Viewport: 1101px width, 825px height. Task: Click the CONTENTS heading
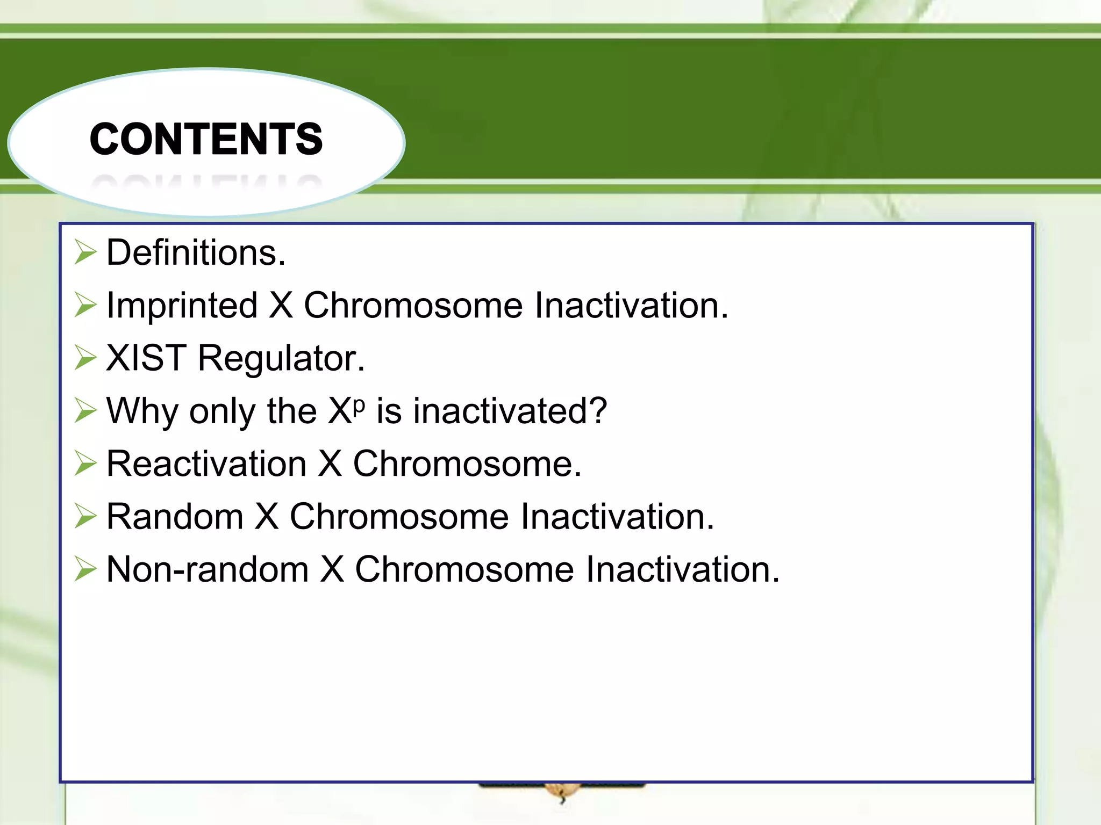click(206, 139)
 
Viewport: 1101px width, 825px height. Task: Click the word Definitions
click(196, 252)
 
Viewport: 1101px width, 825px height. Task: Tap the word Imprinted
click(182, 305)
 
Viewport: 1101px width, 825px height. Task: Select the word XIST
click(146, 358)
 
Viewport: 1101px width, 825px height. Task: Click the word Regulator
click(281, 359)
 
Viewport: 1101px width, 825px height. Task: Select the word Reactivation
click(206, 464)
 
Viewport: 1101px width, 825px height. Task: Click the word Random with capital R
click(175, 517)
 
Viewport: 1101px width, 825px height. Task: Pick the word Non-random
click(208, 569)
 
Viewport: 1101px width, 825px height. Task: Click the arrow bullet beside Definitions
click(85, 252)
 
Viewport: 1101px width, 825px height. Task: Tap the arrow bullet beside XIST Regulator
click(85, 358)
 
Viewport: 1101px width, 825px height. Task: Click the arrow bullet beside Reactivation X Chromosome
click(85, 464)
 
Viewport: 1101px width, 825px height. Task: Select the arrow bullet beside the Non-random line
click(85, 569)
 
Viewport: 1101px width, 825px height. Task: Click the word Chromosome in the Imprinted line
click(413, 305)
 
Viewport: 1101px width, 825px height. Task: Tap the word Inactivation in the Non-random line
click(682, 569)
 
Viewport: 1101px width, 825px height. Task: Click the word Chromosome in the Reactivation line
click(467, 464)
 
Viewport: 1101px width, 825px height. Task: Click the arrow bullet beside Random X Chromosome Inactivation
click(85, 517)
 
